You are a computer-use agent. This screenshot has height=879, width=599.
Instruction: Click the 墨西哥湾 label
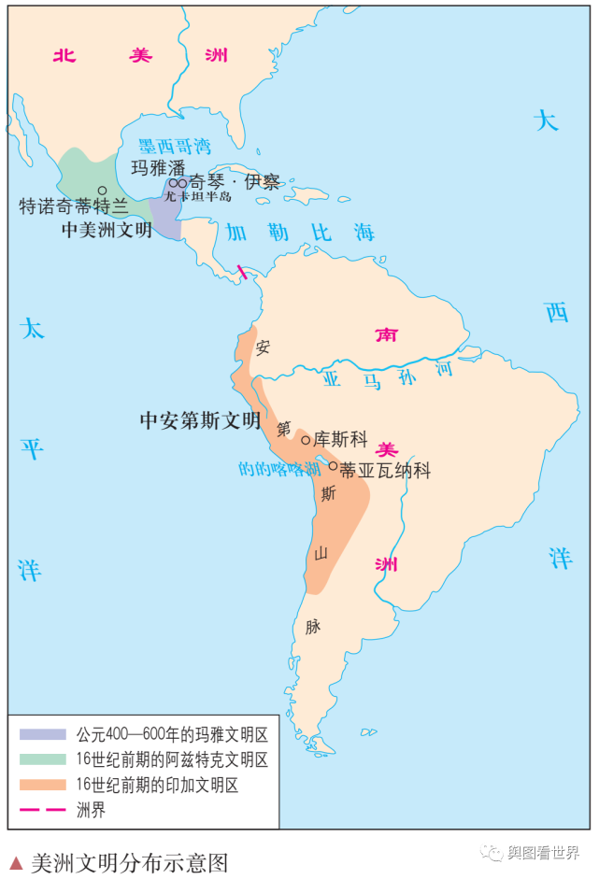coord(175,147)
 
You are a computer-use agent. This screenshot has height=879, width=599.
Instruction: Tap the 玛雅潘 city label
coord(157,168)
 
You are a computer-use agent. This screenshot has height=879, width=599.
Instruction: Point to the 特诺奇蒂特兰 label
coord(74,206)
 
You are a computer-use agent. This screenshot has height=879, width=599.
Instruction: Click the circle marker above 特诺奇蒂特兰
coord(103,191)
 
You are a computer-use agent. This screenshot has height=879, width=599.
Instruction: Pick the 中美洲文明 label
coord(107,229)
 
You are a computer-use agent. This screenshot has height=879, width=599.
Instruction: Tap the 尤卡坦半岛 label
coord(197,196)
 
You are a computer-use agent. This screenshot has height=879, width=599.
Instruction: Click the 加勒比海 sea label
coord(300,233)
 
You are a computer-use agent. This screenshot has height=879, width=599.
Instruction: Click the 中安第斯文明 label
coord(200,420)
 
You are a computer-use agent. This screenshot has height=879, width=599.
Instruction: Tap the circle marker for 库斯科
coord(306,440)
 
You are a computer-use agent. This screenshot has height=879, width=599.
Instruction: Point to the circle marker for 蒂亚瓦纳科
coord(333,465)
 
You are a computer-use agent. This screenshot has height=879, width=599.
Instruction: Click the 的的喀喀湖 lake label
coord(278,469)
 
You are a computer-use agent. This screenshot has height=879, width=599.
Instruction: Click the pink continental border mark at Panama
coord(242,272)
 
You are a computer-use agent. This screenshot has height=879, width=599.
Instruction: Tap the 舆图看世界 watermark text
coord(542,852)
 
